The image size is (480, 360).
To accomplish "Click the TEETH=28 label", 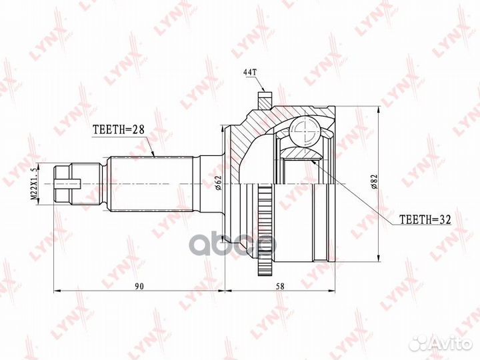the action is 118,130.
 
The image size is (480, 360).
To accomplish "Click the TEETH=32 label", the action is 425,219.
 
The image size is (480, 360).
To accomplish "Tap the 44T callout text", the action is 249,73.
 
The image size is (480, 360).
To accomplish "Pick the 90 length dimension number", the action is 139,286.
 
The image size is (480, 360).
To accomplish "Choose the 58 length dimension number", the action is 280,286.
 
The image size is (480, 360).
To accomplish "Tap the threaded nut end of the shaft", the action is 62,184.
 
